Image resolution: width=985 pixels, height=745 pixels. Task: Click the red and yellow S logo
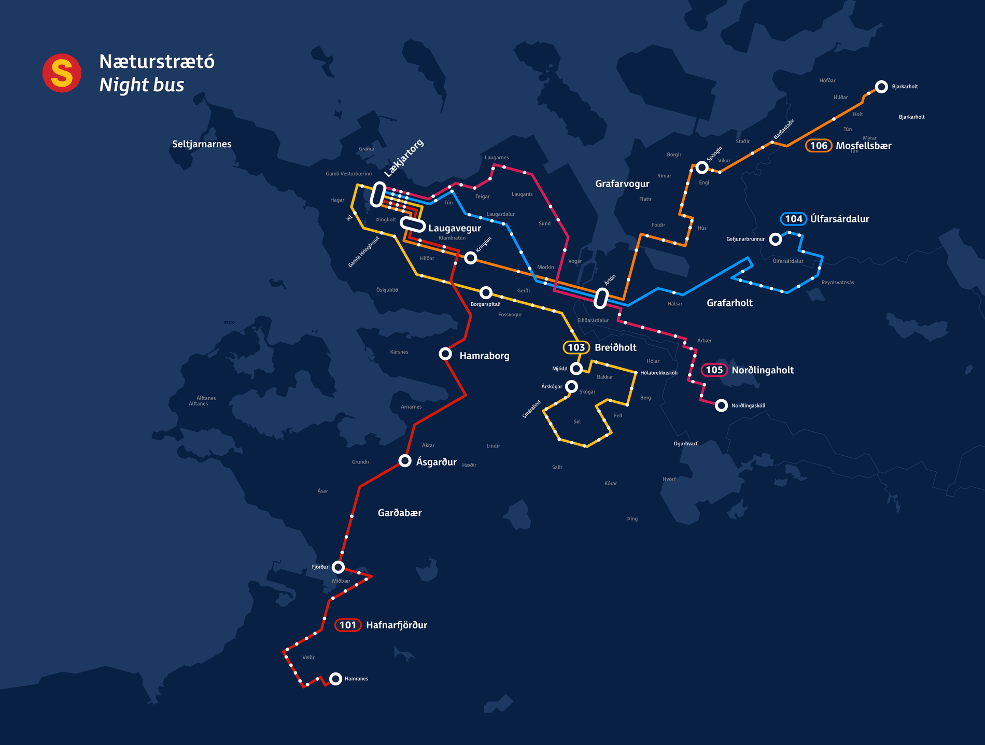tap(62, 73)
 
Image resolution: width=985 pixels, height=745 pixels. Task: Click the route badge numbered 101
tap(347, 625)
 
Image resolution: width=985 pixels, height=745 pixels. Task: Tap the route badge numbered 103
tap(576, 347)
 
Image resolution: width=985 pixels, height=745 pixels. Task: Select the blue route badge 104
tap(793, 219)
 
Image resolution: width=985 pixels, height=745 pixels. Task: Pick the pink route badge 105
tap(714, 370)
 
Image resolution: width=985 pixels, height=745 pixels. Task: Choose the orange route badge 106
tap(819, 146)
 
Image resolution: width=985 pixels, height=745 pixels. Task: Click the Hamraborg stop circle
tap(445, 354)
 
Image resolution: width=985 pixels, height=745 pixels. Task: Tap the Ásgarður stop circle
tap(405, 460)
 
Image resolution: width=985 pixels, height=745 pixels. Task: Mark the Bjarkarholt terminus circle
tap(881, 86)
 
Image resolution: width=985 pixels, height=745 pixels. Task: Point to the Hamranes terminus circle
tap(335, 678)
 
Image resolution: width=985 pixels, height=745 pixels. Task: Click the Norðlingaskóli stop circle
tap(721, 405)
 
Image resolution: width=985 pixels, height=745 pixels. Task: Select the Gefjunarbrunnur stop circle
tap(775, 239)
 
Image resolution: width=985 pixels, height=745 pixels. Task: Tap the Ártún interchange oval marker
tap(601, 298)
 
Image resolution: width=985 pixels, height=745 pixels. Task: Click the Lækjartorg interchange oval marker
tap(378, 194)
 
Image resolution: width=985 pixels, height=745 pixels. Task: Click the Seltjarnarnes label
tap(202, 144)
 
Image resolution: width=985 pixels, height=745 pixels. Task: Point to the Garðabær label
tap(399, 513)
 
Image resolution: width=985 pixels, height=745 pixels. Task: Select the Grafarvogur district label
tap(622, 184)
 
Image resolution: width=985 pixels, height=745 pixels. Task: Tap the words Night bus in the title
tap(142, 85)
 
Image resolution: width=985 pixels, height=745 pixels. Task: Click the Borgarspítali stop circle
tap(486, 292)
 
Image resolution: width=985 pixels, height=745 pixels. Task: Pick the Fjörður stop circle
tap(338, 567)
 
